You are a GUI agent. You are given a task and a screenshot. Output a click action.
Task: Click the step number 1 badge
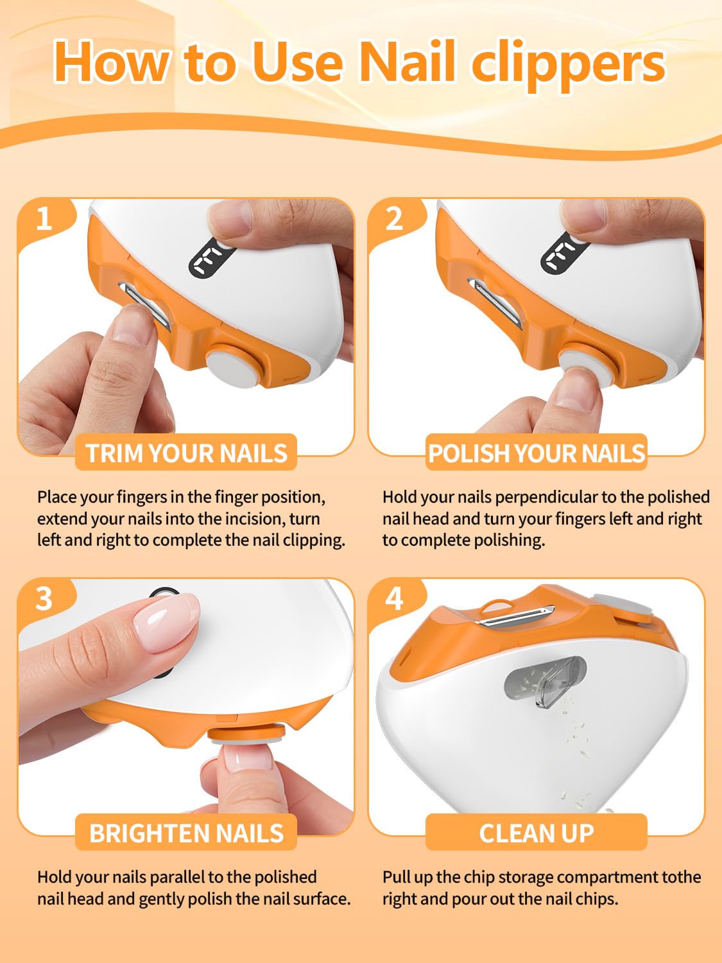[44, 218]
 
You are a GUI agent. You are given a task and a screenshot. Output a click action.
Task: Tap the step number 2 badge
[394, 218]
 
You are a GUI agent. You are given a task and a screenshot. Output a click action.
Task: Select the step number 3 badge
[44, 599]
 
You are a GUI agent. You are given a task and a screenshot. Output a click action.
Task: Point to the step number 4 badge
[394, 599]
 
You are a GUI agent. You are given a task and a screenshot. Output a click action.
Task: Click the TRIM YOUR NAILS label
[186, 453]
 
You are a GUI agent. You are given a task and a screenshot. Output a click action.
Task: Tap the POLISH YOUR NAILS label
[537, 453]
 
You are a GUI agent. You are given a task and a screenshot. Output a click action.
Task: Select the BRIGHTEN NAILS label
[186, 833]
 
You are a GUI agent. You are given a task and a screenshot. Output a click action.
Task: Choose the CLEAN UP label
[537, 833]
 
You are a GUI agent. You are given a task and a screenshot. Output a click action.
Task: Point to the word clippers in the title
[568, 67]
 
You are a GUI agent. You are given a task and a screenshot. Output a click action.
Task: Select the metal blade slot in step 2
[495, 303]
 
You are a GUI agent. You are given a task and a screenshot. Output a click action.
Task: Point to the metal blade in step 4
[516, 616]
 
